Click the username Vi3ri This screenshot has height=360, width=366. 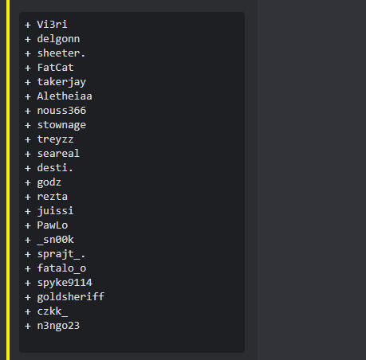[x=52, y=25]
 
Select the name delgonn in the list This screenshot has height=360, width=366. [x=58, y=39]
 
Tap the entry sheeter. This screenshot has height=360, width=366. [x=61, y=53]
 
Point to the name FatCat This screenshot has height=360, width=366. [x=55, y=68]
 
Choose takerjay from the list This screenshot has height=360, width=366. [x=61, y=82]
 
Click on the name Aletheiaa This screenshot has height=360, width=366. [x=65, y=96]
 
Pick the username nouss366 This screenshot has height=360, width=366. [x=61, y=111]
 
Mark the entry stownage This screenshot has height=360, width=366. [x=61, y=125]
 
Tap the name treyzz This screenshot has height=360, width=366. [x=55, y=139]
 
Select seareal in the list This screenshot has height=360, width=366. [x=58, y=154]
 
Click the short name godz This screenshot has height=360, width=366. [x=49, y=182]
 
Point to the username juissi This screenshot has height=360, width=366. [x=55, y=211]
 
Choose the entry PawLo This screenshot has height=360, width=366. [x=53, y=225]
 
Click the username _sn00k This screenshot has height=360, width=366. [x=55, y=240]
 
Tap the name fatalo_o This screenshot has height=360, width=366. [x=61, y=268]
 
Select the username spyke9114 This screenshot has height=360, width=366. [x=65, y=283]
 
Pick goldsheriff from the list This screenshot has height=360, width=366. [x=71, y=297]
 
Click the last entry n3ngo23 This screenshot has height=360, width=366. [x=58, y=326]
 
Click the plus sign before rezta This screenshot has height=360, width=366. [x=28, y=197]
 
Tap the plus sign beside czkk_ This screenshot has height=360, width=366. [x=28, y=311]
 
